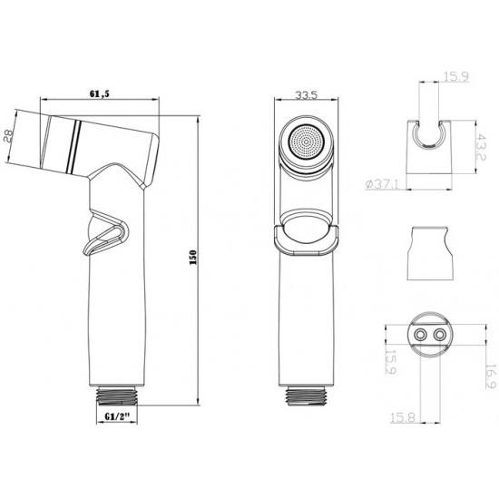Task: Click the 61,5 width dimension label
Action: pos(100,93)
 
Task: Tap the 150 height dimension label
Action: pos(193,258)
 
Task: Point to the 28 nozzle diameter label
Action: pos(9,135)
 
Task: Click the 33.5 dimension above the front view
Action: pos(306,95)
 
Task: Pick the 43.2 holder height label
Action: pos(481,147)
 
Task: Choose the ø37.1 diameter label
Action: pos(382,184)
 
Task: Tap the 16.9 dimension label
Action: pos(492,377)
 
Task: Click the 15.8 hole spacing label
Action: pos(403,417)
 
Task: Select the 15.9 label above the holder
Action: pos(456,77)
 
